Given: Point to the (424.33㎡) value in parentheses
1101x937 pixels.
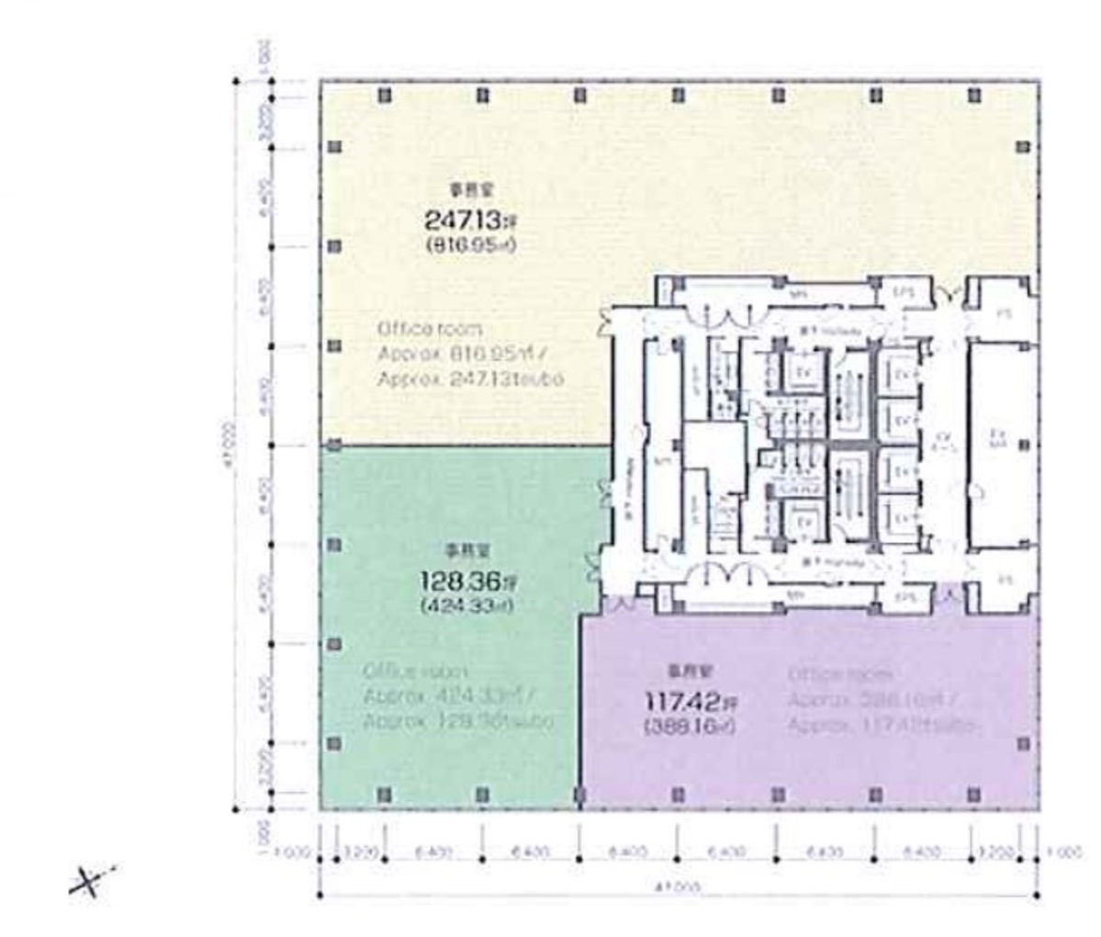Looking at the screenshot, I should tap(466, 605).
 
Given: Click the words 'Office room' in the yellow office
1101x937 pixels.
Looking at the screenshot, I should tap(429, 329).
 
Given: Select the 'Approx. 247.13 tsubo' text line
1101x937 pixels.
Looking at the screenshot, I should tap(470, 378).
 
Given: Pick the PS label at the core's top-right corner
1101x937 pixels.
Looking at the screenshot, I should tap(1004, 313).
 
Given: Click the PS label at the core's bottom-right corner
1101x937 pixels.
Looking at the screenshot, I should tap(1004, 580).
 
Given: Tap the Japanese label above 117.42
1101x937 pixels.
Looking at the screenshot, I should tap(680, 671).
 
